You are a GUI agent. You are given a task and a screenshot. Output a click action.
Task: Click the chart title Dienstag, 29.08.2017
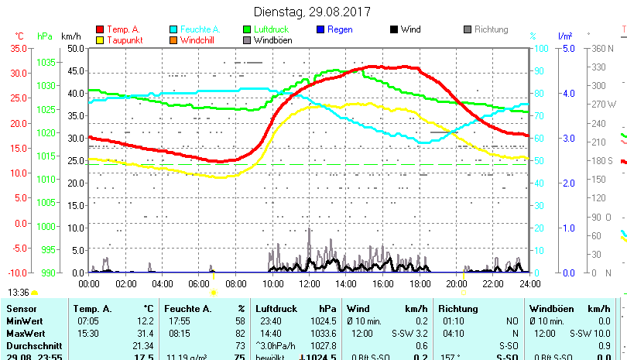click(x=313, y=12)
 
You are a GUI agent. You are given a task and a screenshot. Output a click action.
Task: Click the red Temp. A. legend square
click(x=99, y=29)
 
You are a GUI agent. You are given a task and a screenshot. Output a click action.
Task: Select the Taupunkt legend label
click(x=125, y=40)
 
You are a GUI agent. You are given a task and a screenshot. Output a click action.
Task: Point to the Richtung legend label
click(x=491, y=29)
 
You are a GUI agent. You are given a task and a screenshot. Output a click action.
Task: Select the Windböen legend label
click(x=272, y=40)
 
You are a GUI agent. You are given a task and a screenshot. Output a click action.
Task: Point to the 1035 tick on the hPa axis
click(x=46, y=62)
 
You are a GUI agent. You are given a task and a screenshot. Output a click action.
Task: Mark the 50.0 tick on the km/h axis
click(x=75, y=48)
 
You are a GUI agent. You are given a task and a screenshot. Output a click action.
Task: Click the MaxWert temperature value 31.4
click(x=143, y=333)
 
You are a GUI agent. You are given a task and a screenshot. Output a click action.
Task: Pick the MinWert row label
click(x=24, y=321)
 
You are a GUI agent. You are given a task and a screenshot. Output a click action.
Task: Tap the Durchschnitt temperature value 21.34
click(x=143, y=345)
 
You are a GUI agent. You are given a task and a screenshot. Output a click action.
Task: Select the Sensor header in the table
click(x=22, y=308)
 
